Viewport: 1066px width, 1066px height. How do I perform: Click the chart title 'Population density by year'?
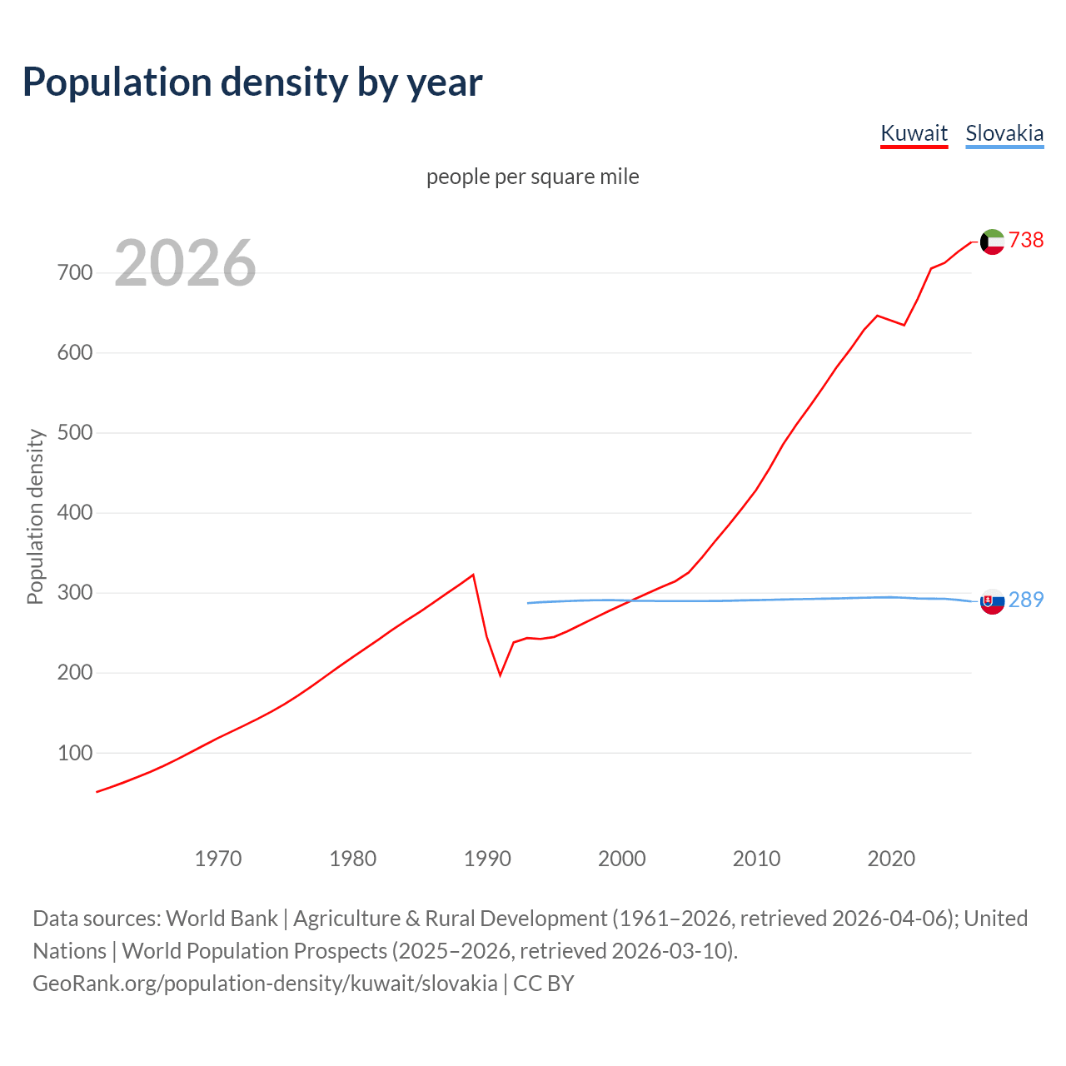(252, 82)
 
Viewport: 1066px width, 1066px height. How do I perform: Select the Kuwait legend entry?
(914, 133)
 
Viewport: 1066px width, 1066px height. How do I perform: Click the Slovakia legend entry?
(1004, 133)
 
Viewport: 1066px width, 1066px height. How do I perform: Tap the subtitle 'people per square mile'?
(532, 177)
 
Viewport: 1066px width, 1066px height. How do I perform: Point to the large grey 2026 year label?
(185, 263)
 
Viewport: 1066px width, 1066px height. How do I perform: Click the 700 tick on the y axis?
(75, 273)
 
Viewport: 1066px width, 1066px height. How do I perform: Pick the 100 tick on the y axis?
(75, 753)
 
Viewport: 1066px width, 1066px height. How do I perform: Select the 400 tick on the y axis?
(75, 513)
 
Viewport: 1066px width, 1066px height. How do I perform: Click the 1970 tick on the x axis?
(218, 859)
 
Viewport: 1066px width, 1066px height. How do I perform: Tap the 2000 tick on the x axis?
(622, 859)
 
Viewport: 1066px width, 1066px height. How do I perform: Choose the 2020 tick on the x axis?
(891, 859)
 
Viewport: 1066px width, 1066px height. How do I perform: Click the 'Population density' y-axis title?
(35, 516)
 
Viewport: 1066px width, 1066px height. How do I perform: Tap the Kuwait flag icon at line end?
(992, 242)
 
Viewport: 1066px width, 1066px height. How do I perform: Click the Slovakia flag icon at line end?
(992, 601)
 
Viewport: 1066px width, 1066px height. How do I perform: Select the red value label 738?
(1026, 241)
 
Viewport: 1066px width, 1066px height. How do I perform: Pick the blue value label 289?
(1026, 600)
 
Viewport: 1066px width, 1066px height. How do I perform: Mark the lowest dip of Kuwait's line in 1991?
(501, 675)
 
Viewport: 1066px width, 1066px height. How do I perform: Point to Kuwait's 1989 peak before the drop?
(473, 575)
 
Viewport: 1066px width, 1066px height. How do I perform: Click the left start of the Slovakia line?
(528, 603)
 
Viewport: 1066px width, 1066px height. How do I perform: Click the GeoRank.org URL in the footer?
(265, 984)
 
